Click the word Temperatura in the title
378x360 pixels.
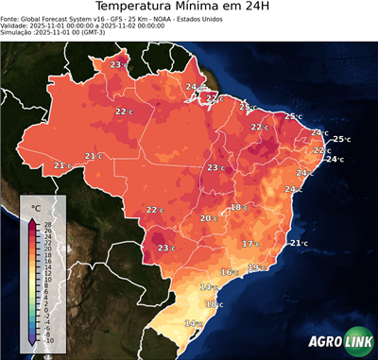pos(138,9)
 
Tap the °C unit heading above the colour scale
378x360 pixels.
pos(36,207)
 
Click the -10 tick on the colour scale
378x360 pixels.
pos(48,340)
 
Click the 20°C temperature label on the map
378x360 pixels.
pos(208,218)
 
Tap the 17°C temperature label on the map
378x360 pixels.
pos(250,244)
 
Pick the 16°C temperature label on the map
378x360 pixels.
pos(228,272)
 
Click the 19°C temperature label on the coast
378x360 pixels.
pos(254,267)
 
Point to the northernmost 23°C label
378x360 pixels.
pos(117,64)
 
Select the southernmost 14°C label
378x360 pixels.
pos(192,323)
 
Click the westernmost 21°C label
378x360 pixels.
pos(62,165)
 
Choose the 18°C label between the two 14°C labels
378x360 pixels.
pos(214,304)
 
